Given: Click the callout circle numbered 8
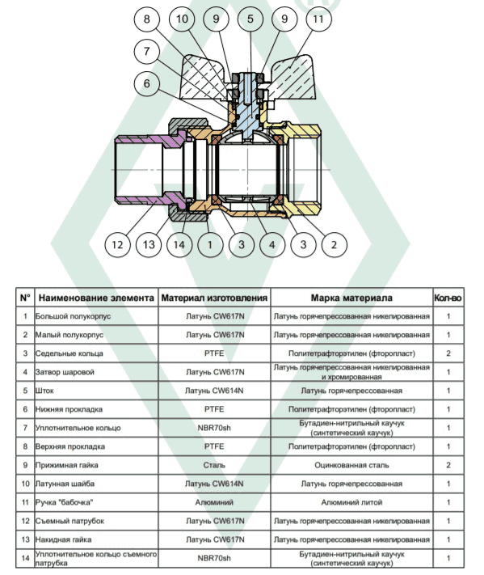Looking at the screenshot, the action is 146,19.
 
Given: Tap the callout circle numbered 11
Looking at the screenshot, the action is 318,19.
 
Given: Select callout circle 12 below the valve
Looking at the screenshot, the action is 117,244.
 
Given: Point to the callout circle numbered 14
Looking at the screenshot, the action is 179,244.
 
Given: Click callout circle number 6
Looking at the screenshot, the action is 146,83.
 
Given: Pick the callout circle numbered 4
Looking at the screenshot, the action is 271,244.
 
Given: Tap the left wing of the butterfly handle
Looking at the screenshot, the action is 205,78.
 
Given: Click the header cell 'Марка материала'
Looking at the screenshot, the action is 351,298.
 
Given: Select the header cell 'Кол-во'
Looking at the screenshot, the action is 448,298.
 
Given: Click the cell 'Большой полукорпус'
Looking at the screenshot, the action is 96,316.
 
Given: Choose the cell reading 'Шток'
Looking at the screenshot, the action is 96,391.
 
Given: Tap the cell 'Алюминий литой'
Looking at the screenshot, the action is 351,502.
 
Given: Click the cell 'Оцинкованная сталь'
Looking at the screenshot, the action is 351,465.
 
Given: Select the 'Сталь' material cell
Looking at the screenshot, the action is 214,465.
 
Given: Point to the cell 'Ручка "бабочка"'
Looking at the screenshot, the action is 96,502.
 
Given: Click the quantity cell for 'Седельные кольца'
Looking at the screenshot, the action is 448,353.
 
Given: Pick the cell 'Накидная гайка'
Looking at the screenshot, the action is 96,539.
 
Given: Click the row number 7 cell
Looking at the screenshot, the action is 25,428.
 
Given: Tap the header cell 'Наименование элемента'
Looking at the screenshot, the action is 96,298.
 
